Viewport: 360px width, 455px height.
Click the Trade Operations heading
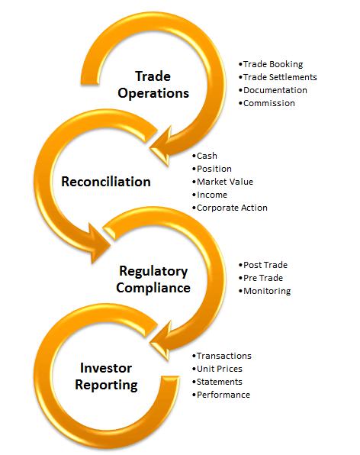(x=153, y=85)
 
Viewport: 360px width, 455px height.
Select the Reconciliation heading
(x=106, y=182)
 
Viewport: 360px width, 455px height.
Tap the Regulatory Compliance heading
(x=153, y=279)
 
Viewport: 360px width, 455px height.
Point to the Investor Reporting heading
(x=106, y=376)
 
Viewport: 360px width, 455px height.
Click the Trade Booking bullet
(x=271, y=64)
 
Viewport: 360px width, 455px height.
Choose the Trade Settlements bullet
(x=278, y=77)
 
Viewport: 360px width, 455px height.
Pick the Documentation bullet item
(x=273, y=90)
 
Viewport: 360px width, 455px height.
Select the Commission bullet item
(x=267, y=103)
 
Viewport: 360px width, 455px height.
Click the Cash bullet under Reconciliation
(x=204, y=156)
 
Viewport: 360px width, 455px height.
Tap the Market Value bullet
(x=223, y=182)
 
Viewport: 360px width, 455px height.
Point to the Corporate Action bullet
(x=230, y=208)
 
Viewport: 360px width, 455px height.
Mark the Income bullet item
(x=210, y=195)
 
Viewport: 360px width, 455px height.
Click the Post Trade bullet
(x=263, y=265)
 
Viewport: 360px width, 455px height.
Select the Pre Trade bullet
(x=261, y=278)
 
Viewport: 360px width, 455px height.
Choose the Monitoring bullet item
(x=265, y=291)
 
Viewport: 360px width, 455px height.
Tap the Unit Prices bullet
(x=217, y=369)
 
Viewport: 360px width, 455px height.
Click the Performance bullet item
(x=221, y=395)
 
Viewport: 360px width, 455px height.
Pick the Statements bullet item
(x=217, y=382)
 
